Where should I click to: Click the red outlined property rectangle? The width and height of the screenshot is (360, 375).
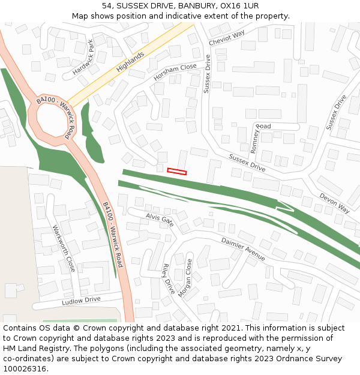tap(176, 172)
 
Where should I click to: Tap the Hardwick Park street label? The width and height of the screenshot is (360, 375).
tap(83, 57)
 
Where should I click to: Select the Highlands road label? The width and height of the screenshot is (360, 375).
tap(130, 62)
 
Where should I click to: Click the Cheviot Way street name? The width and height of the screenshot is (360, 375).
tap(227, 38)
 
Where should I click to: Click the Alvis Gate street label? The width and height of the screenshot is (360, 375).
tap(160, 218)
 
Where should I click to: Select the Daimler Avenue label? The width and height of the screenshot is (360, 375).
tap(243, 249)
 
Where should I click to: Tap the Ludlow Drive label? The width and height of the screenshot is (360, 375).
tap(81, 299)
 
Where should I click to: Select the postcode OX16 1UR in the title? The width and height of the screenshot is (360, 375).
tap(239, 5)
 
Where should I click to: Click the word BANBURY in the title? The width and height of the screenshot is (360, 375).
tap(194, 5)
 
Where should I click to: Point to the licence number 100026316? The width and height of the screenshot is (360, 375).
tap(24, 369)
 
